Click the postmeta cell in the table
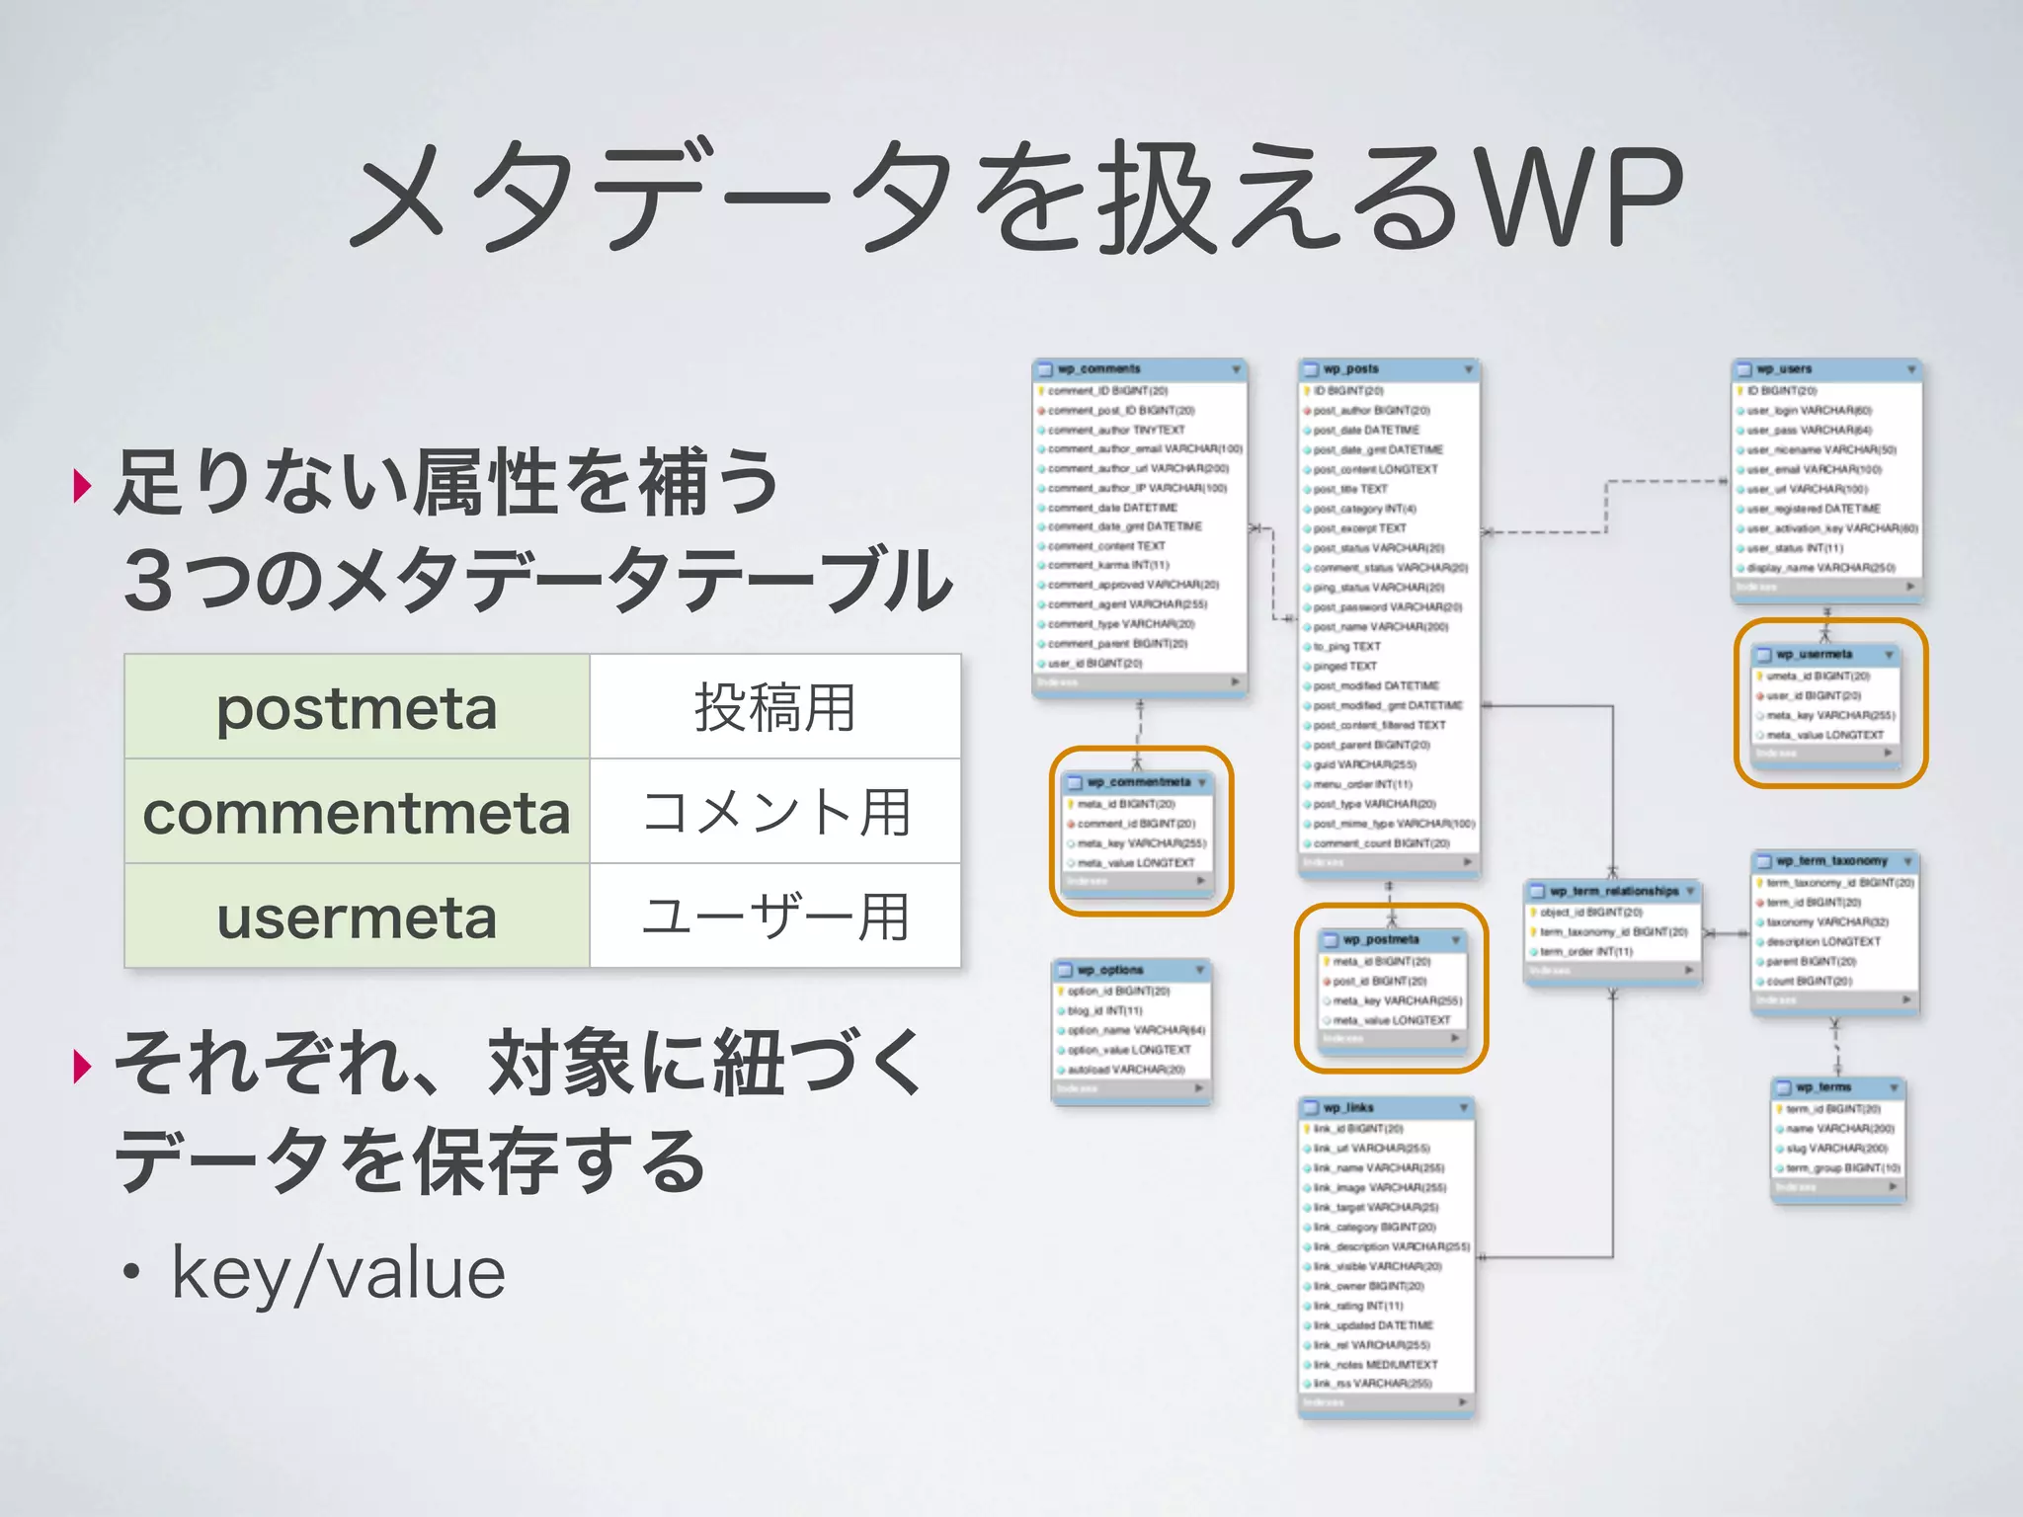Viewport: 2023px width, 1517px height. pyautogui.click(x=357, y=707)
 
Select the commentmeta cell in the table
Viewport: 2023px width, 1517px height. pyautogui.click(x=357, y=812)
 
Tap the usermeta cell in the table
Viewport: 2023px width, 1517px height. pyautogui.click(x=357, y=917)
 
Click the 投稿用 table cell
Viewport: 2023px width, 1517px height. pyautogui.click(x=774, y=707)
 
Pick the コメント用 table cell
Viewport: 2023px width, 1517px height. pyautogui.click(x=774, y=812)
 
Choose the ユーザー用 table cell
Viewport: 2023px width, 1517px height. pyautogui.click(x=774, y=917)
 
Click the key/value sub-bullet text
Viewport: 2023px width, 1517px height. pyautogui.click(x=338, y=1272)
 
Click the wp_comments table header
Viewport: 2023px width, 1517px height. pyautogui.click(x=1138, y=368)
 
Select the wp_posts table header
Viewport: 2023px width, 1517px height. pyautogui.click(x=1388, y=368)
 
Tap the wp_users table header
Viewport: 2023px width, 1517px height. pyautogui.click(x=1825, y=368)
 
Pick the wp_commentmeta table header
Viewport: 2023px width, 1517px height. pyautogui.click(x=1138, y=781)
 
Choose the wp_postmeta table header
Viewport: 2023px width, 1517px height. pyautogui.click(x=1391, y=939)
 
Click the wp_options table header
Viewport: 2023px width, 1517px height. pyautogui.click(x=1130, y=970)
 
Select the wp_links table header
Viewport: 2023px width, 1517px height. pyautogui.click(x=1385, y=1107)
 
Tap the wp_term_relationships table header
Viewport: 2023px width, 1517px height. pyautogui.click(x=1612, y=891)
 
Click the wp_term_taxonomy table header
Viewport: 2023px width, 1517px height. pyautogui.click(x=1833, y=860)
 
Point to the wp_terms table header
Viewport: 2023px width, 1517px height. pyautogui.click(x=1836, y=1086)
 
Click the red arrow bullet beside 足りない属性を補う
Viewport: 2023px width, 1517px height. pyautogui.click(x=83, y=485)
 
